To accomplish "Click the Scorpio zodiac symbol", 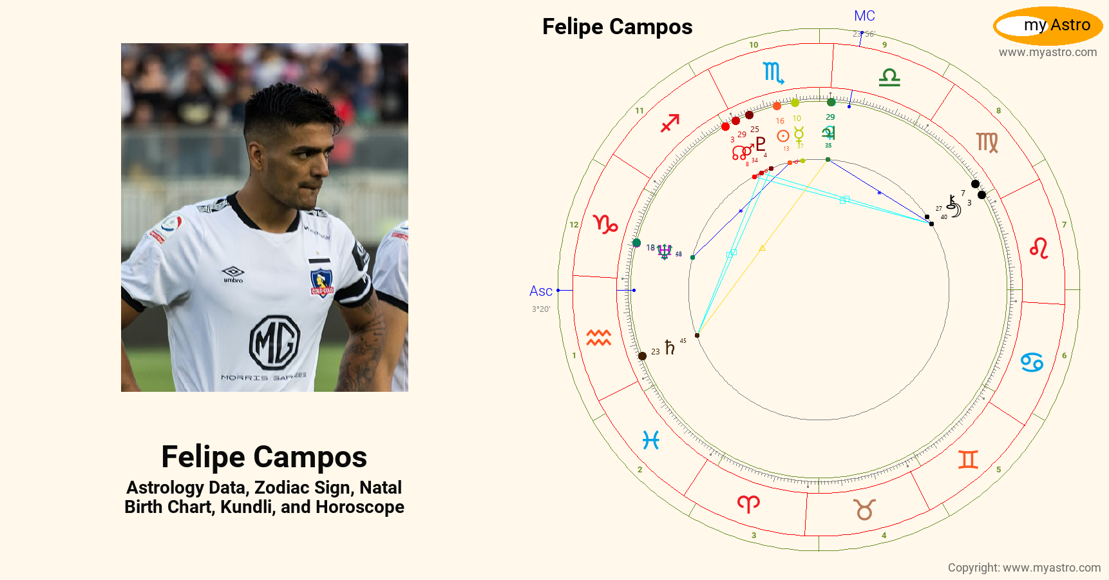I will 773,73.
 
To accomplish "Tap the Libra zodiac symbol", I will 889,77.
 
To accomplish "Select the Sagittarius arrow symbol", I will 670,122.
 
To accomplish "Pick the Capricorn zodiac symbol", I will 605,224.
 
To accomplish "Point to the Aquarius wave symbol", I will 598,337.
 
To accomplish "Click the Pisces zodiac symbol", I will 651,440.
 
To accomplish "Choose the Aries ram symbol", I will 748,503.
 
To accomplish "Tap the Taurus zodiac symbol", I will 864,510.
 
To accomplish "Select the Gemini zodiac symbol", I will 968,459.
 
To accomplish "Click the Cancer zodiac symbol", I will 1032,362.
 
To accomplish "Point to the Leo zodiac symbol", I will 1039,248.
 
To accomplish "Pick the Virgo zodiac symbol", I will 987,142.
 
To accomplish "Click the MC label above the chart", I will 864,16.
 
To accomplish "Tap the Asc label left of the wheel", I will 540,291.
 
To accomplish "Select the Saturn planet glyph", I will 670,348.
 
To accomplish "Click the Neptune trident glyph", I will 665,251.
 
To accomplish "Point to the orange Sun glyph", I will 783,136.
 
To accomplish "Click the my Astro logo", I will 1048,26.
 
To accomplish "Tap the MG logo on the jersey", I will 274,342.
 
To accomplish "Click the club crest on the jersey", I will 321,282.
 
